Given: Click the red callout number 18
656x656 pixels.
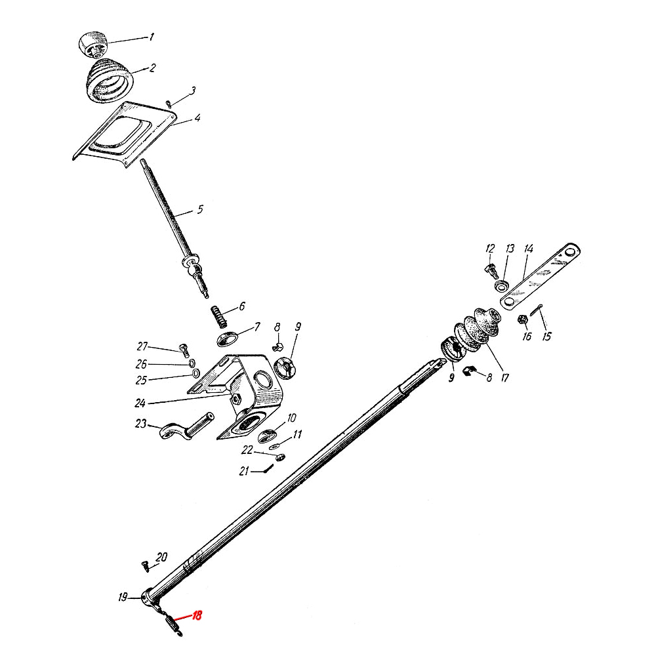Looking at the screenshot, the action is tap(197, 615).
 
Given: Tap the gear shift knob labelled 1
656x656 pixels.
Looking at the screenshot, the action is tap(92, 45).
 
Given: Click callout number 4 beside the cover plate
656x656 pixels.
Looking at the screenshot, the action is tap(197, 117).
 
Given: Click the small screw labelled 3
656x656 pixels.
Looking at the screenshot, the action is tap(168, 104).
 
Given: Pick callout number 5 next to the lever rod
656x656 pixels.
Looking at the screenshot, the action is tap(200, 209).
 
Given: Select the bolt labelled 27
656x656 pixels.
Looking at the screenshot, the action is tap(184, 350).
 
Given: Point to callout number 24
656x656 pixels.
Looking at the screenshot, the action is tap(140, 403).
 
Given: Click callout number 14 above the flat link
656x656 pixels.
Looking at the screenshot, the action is tap(529, 249).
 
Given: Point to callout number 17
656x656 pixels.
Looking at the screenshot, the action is tap(505, 378).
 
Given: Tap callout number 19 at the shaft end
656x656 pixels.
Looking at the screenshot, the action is tap(122, 598).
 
